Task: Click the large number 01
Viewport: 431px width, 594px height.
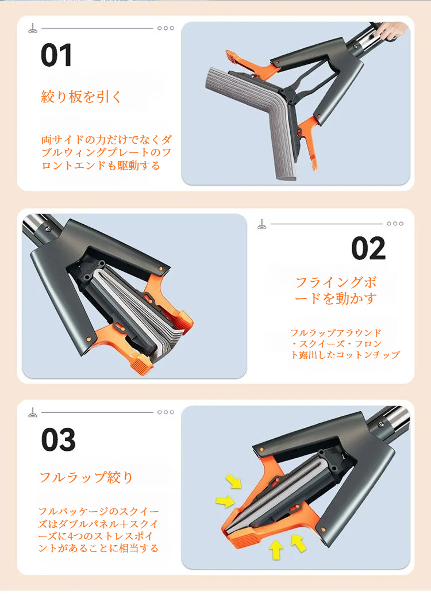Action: click(57, 56)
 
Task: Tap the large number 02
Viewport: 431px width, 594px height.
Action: click(368, 248)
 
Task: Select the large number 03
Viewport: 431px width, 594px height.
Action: click(58, 440)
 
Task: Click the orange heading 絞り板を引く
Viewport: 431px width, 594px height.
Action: click(82, 96)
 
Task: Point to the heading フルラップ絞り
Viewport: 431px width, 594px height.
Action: click(86, 477)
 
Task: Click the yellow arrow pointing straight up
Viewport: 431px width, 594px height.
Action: click(276, 550)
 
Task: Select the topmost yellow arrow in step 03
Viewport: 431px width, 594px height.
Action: click(234, 481)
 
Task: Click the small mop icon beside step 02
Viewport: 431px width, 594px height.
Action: click(262, 224)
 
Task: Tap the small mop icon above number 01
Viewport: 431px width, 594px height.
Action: click(33, 28)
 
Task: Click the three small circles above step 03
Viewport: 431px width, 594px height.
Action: click(166, 412)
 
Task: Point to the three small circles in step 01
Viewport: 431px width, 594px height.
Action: click(166, 28)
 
